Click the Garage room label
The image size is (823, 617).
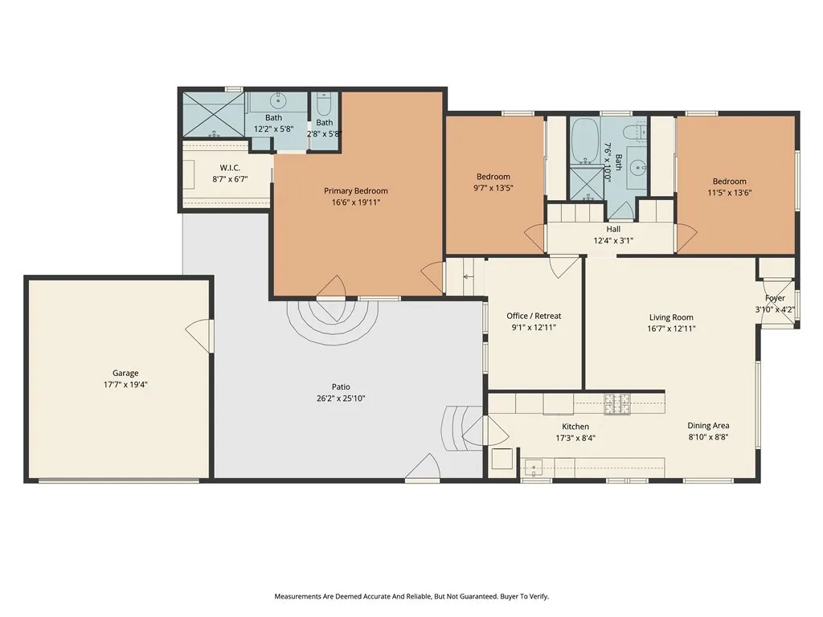tap(125, 373)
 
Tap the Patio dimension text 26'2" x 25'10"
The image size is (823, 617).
tap(341, 398)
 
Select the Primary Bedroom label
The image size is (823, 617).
tap(356, 191)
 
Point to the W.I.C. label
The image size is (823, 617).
tap(230, 168)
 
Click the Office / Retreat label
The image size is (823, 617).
tap(534, 316)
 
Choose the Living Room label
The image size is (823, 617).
tap(671, 317)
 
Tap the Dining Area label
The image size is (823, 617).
tap(708, 426)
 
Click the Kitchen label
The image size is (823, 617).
tap(575, 427)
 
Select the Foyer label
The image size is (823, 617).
tap(776, 298)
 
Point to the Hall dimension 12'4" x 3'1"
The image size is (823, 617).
tap(613, 241)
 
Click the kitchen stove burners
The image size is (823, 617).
tap(616, 404)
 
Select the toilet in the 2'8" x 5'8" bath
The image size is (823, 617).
tap(324, 105)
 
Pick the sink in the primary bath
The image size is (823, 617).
tap(276, 100)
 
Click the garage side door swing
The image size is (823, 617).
tap(199, 337)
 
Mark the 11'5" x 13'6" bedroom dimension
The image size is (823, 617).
tap(730, 193)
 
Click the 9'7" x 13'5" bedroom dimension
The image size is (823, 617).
tap(493, 188)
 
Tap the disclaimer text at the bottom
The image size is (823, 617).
tap(411, 597)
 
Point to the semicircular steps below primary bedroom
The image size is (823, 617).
tap(332, 323)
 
